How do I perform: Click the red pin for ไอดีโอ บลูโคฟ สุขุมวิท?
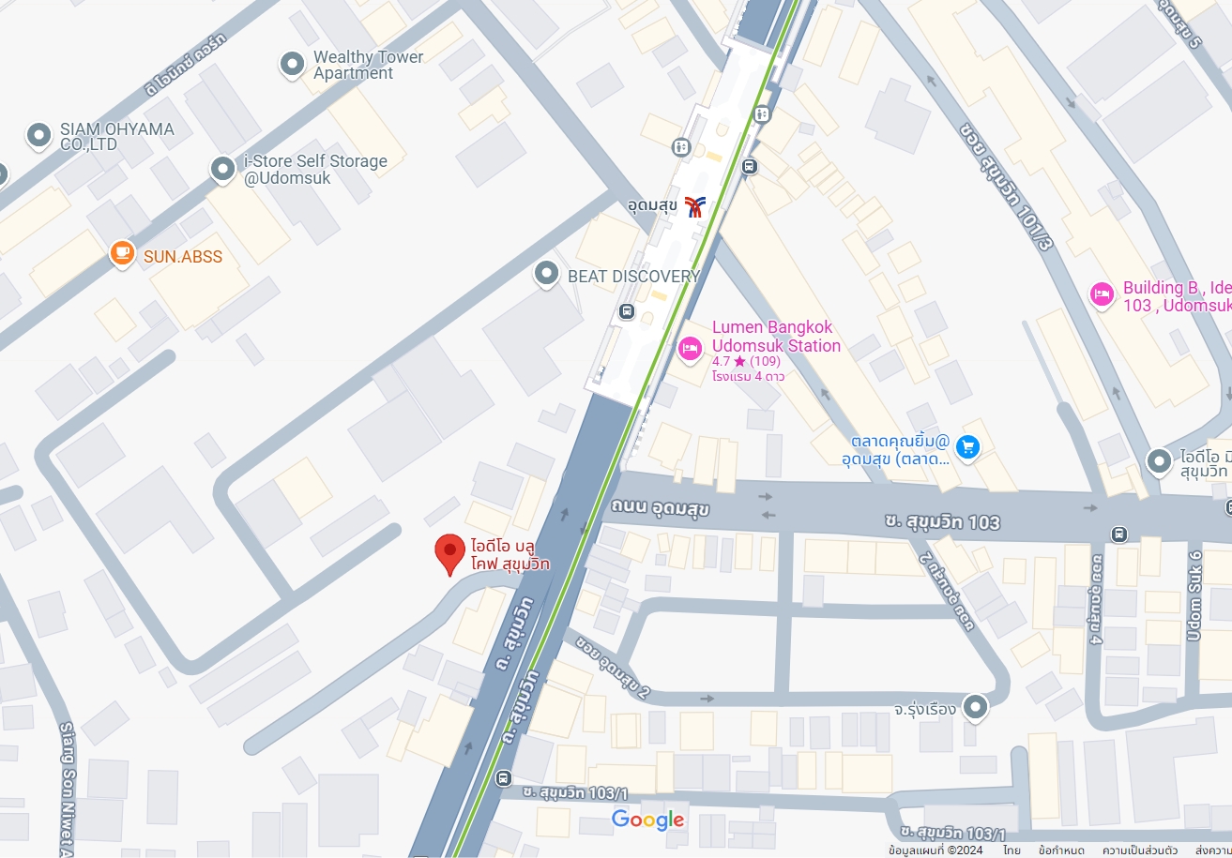pos(450,551)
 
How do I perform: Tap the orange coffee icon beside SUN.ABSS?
pos(121,253)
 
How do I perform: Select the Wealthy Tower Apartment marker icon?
pos(293,64)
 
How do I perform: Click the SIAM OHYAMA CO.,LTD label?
pos(116,137)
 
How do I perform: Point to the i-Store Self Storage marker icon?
pos(222,169)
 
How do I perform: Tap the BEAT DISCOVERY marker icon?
pos(546,275)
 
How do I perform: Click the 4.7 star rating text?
pos(746,361)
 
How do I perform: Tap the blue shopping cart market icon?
pos(967,447)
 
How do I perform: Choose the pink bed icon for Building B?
pos(1103,294)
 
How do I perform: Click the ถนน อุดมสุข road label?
pos(660,509)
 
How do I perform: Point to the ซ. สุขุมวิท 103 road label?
pos(942,521)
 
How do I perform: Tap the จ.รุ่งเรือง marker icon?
pos(976,706)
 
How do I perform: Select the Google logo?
pos(647,820)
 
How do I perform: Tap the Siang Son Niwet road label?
pos(66,788)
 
